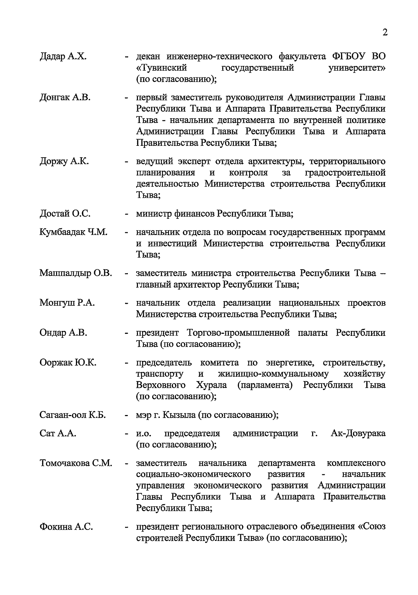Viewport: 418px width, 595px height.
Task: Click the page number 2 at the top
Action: coord(385,32)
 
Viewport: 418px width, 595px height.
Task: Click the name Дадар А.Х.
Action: coord(63,56)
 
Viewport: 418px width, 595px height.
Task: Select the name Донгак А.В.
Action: coord(65,97)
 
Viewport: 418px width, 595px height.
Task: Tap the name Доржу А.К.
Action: coord(64,161)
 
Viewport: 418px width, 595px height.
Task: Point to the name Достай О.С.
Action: coord(65,213)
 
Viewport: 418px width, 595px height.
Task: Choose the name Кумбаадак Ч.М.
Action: coord(73,232)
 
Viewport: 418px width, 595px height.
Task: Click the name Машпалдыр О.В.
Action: coord(76,273)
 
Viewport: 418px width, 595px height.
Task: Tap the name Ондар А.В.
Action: coord(63,332)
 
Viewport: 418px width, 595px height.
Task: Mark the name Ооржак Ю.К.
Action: coord(68,362)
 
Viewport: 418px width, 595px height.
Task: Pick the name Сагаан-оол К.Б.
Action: coord(72,415)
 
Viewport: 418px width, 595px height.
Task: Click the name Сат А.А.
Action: coord(58,433)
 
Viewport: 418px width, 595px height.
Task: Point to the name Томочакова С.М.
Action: coord(76,463)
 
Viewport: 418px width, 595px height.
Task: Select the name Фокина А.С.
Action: coord(66,526)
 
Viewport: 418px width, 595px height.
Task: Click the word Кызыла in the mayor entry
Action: coord(179,415)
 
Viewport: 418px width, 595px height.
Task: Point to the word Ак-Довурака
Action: coord(358,433)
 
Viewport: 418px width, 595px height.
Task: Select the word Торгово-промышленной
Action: coord(238,332)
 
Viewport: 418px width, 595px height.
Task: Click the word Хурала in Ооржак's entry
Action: coord(211,385)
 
